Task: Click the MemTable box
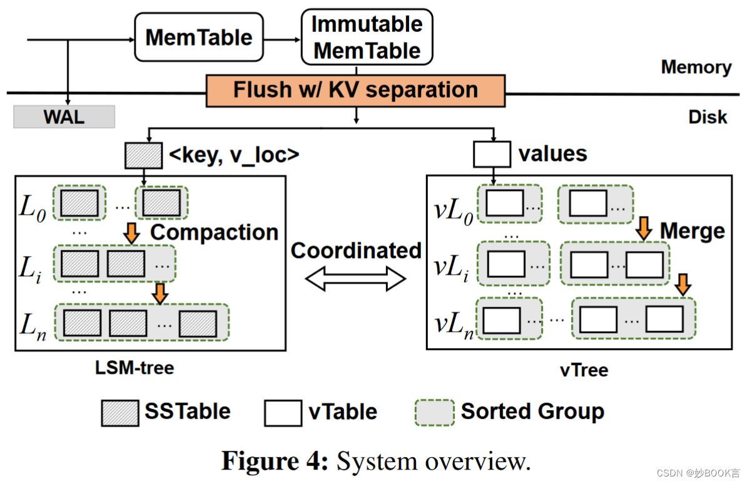pyautogui.click(x=198, y=38)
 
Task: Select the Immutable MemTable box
pyautogui.click(x=367, y=37)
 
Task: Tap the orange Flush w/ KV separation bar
pyautogui.click(x=355, y=90)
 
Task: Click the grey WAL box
pyautogui.click(x=64, y=116)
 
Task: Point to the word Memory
pyautogui.click(x=696, y=67)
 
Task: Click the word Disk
pyautogui.click(x=707, y=116)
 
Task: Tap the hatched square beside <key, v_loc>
pyautogui.click(x=143, y=155)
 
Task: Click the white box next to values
pyautogui.click(x=492, y=155)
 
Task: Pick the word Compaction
pyautogui.click(x=214, y=232)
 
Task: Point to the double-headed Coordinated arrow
pyautogui.click(x=355, y=279)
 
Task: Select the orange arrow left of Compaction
pyautogui.click(x=131, y=233)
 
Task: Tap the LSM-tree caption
pyautogui.click(x=134, y=368)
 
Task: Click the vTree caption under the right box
pyautogui.click(x=583, y=369)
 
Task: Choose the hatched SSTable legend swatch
pyautogui.click(x=119, y=413)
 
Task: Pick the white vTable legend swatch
pyautogui.click(x=283, y=413)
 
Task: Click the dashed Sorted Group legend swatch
pyautogui.click(x=434, y=413)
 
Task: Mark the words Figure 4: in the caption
pyautogui.click(x=274, y=461)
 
